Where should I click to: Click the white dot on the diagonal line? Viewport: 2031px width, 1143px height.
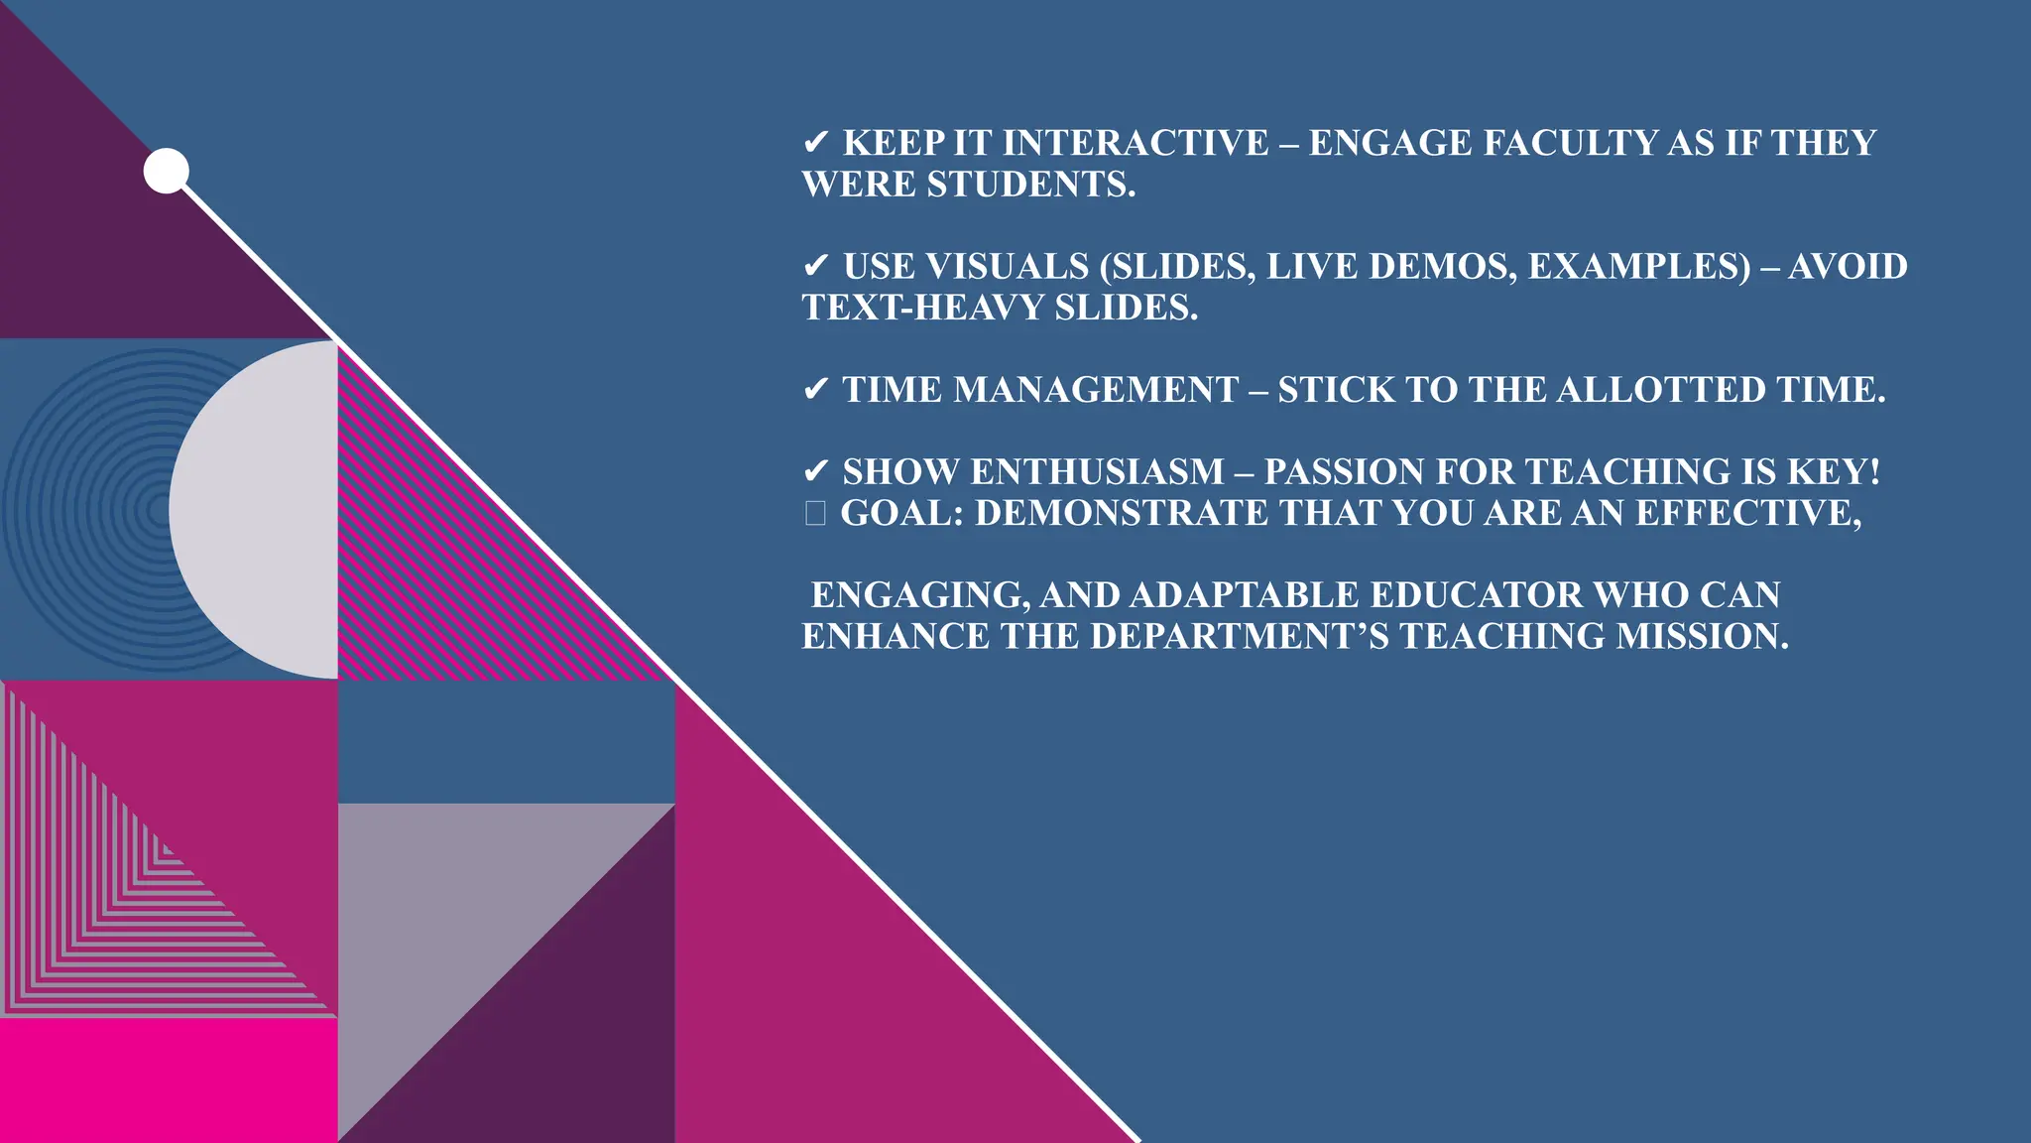click(166, 171)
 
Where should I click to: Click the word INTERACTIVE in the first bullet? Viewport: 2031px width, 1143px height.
click(1135, 143)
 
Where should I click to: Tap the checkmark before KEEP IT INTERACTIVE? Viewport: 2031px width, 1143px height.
click(815, 143)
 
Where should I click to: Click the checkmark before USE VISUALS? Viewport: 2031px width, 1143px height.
click(815, 267)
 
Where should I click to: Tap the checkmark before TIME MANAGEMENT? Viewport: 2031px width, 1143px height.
click(815, 390)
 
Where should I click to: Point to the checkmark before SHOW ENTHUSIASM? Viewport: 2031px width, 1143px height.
click(815, 472)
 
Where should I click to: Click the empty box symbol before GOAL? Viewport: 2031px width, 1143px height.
click(815, 513)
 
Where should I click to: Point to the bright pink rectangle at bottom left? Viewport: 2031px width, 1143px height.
click(169, 1080)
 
